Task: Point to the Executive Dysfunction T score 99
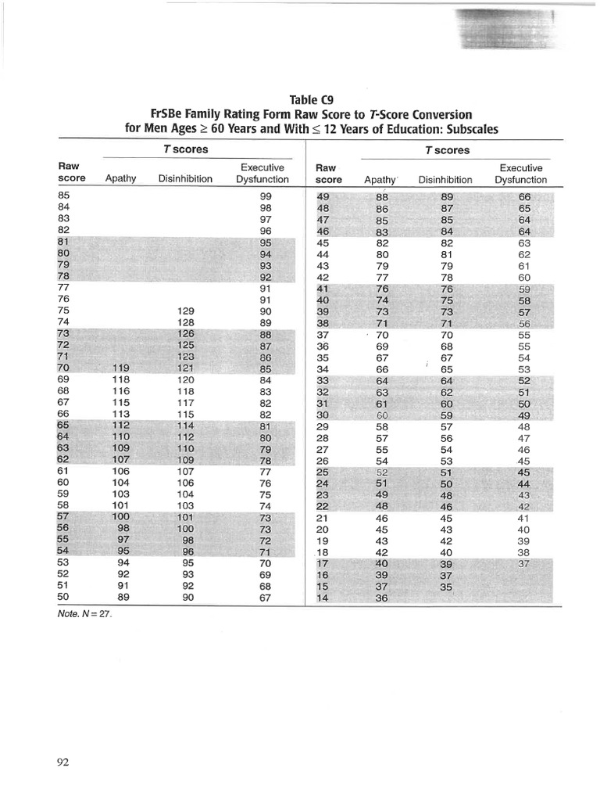pyautogui.click(x=265, y=196)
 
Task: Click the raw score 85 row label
pyautogui.click(x=64, y=196)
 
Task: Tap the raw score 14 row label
pyautogui.click(x=323, y=598)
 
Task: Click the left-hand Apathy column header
pyautogui.click(x=120, y=178)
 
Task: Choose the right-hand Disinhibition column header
pyautogui.click(x=445, y=179)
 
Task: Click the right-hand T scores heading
pyautogui.click(x=447, y=150)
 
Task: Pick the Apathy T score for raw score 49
pyautogui.click(x=382, y=197)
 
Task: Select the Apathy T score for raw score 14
pyautogui.click(x=382, y=599)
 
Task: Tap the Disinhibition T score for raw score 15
pyautogui.click(x=446, y=587)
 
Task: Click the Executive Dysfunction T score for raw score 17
pyautogui.click(x=523, y=564)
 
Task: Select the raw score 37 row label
pyautogui.click(x=323, y=334)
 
